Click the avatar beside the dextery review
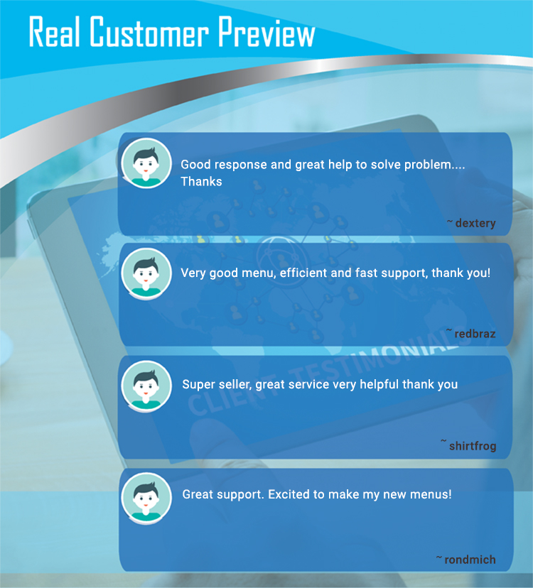tap(146, 163)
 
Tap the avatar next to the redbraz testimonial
tap(146, 273)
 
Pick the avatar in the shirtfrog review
tap(146, 386)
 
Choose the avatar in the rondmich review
tap(146, 498)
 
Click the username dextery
tap(475, 224)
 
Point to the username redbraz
tap(475, 333)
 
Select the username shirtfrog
tap(473, 446)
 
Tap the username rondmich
tap(470, 560)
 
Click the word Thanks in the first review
tap(201, 182)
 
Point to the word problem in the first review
tap(429, 165)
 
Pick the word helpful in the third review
tap(379, 384)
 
